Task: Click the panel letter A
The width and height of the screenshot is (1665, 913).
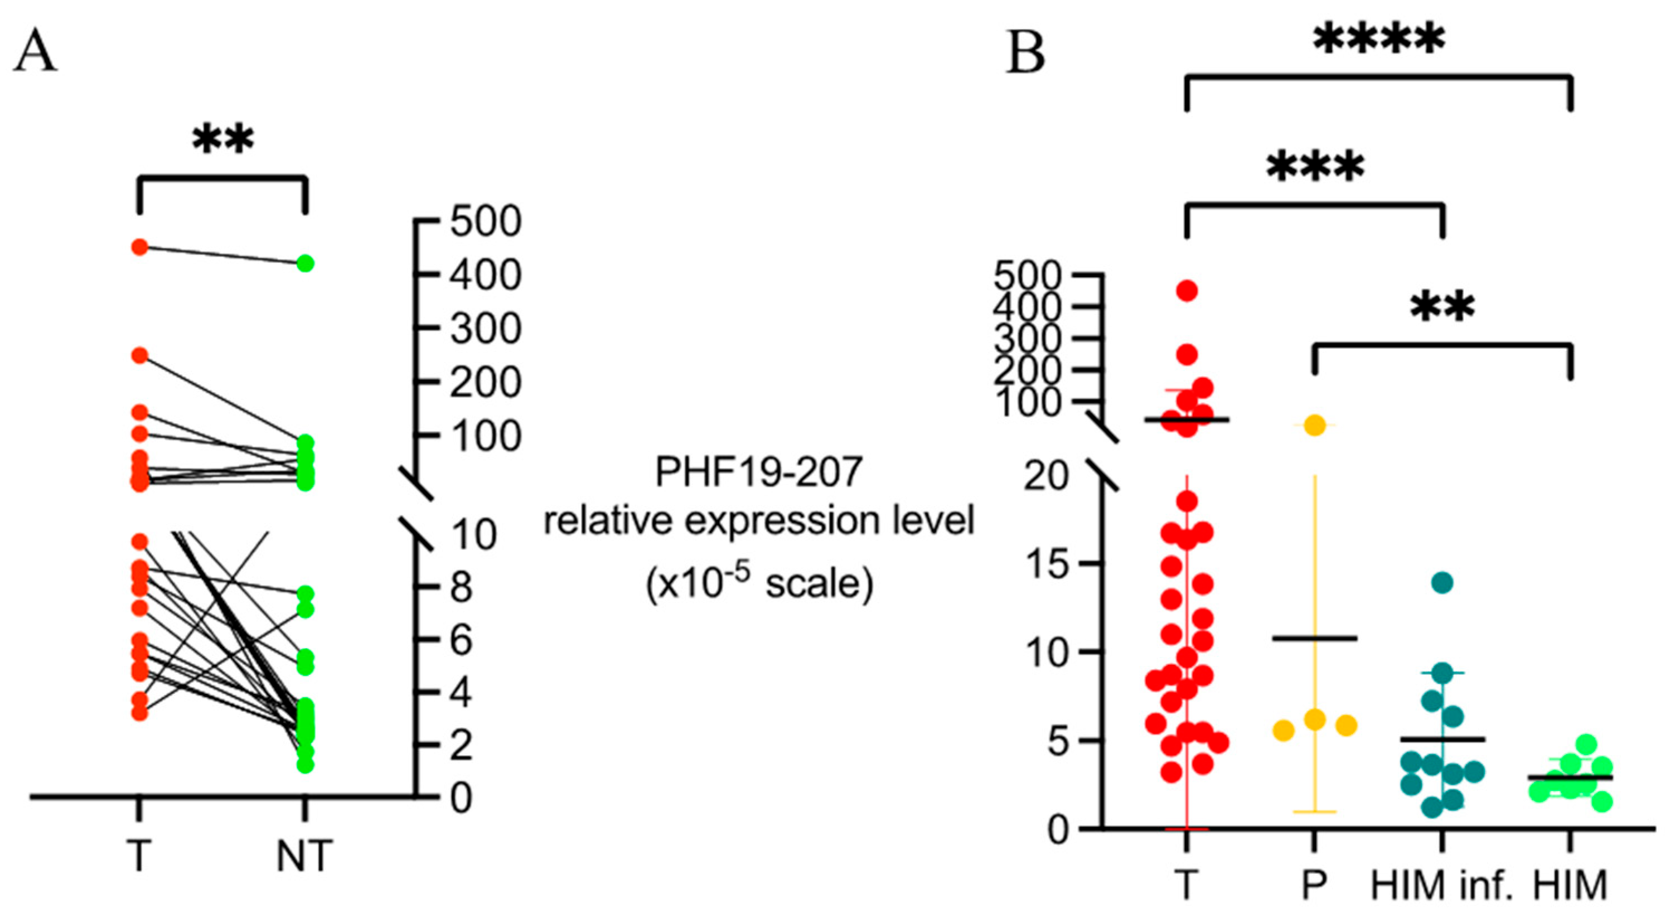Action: click(x=36, y=53)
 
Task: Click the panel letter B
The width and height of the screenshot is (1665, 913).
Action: click(x=1026, y=53)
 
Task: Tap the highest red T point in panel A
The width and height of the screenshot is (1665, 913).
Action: click(x=139, y=247)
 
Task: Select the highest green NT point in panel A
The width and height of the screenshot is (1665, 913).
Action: click(x=305, y=263)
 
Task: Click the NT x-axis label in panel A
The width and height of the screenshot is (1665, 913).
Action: click(x=304, y=856)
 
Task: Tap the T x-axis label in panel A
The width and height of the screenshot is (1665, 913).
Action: click(x=139, y=856)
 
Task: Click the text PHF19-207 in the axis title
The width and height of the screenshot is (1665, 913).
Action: click(x=759, y=472)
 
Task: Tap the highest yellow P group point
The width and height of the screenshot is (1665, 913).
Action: click(x=1315, y=425)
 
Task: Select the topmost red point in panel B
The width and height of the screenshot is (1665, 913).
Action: click(x=1187, y=291)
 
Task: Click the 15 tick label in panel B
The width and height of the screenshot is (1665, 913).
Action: click(x=1043, y=564)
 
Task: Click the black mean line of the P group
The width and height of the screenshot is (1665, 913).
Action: click(x=1315, y=638)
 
